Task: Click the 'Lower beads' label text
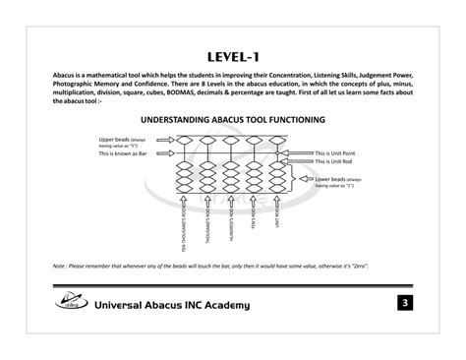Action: pos(337,180)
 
